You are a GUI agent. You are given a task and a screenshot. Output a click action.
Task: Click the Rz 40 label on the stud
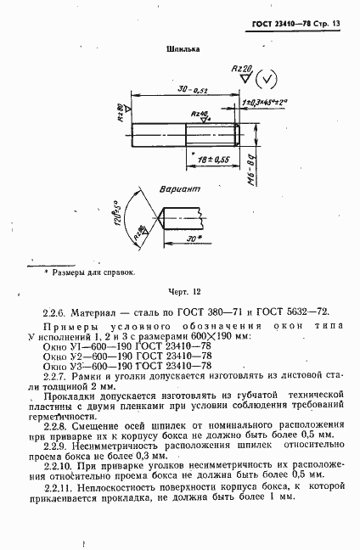click(x=200, y=114)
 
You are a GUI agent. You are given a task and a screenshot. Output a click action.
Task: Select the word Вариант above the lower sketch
click(x=180, y=192)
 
